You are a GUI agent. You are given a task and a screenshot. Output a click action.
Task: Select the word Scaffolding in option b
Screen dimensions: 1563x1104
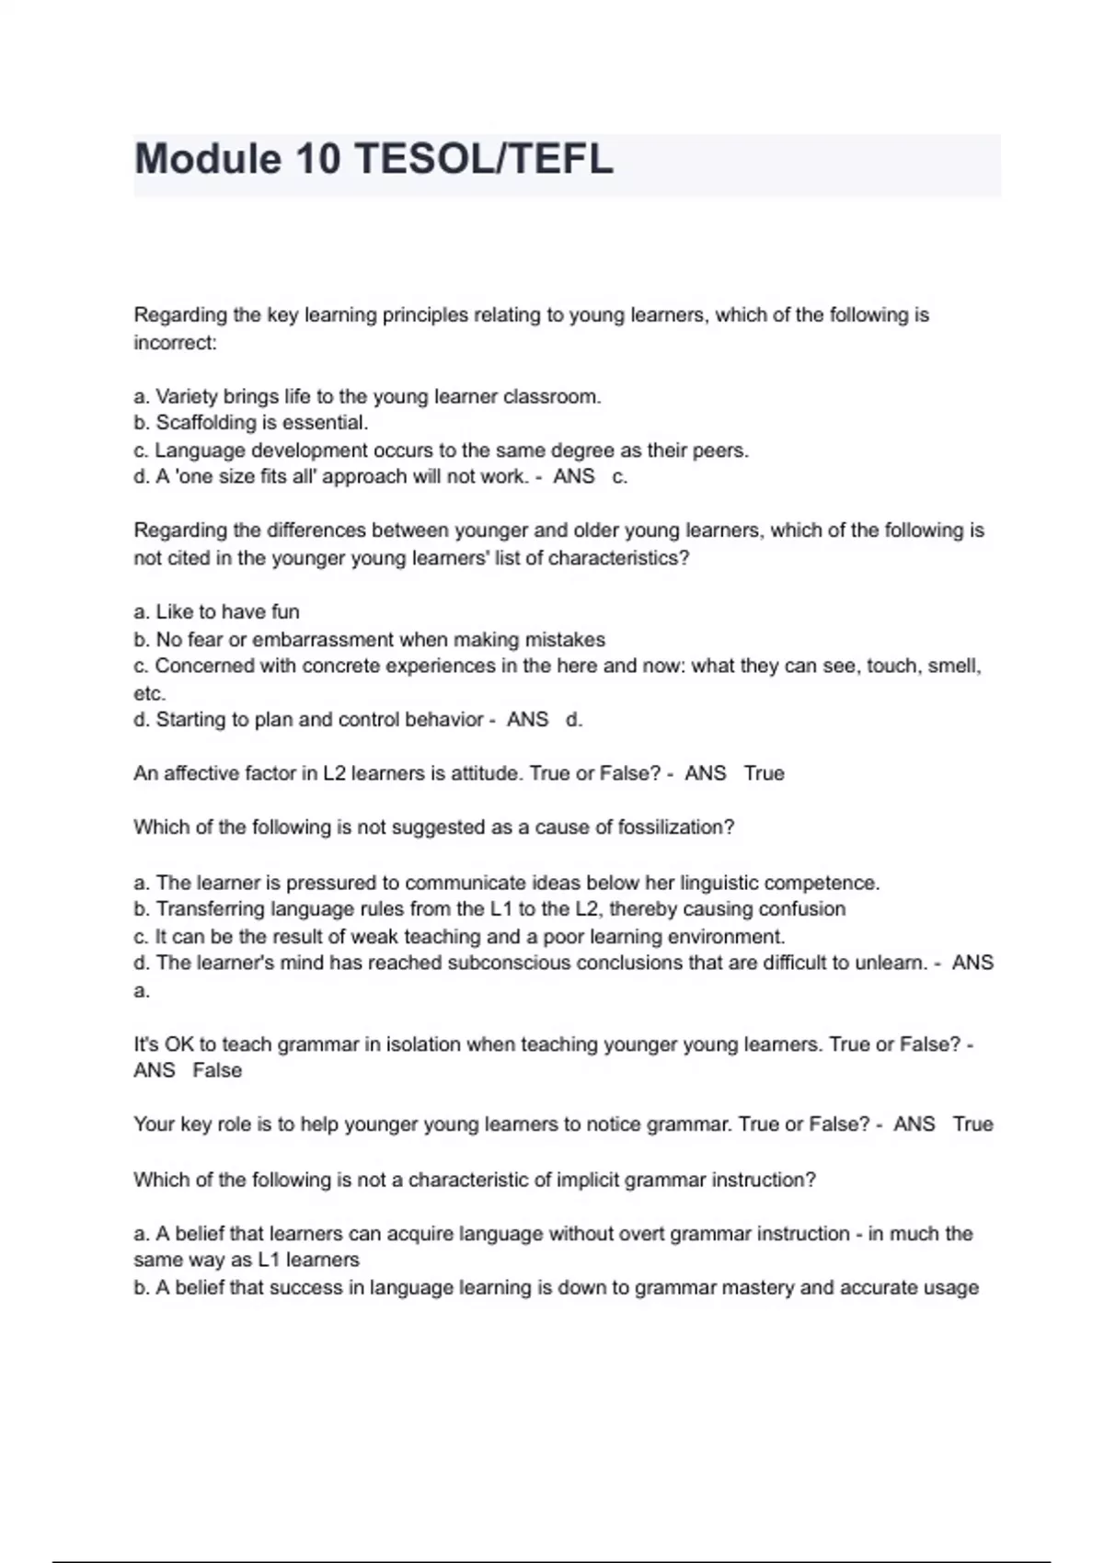coord(209,423)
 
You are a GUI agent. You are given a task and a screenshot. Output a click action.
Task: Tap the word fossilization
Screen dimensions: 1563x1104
coord(676,827)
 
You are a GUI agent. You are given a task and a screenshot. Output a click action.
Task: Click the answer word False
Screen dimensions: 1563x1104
coord(217,1070)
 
